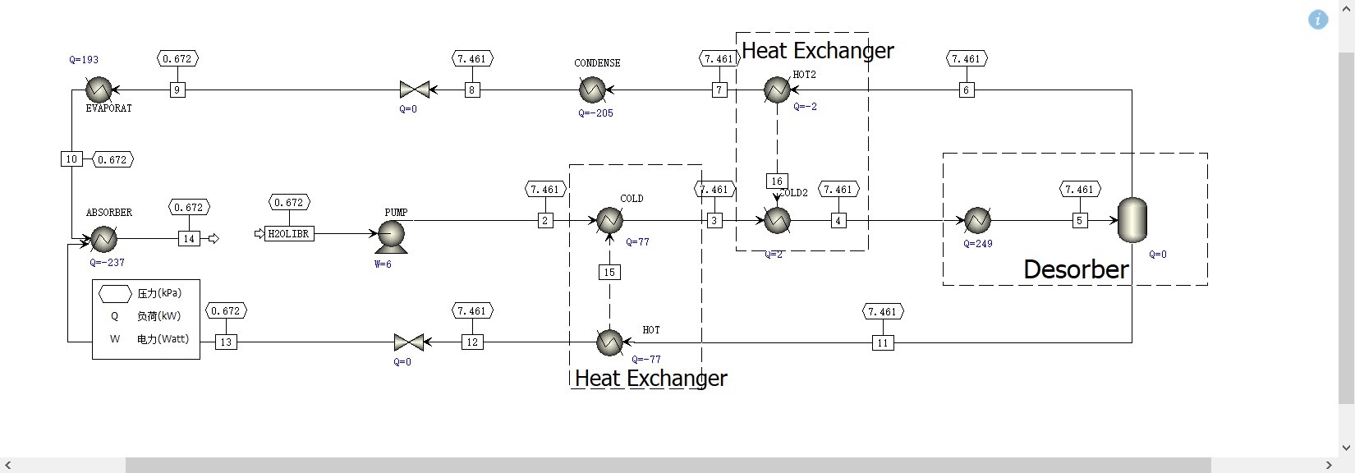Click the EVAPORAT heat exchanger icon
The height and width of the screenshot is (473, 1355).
(99, 89)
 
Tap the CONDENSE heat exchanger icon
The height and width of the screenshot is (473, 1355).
(592, 90)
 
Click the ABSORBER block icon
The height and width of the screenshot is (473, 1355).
(103, 239)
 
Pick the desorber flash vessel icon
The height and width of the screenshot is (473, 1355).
(1132, 220)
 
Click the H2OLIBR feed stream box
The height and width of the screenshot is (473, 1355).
(288, 234)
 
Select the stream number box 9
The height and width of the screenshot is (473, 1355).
(177, 90)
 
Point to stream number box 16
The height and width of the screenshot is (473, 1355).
(777, 181)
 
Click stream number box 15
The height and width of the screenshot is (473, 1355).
(609, 272)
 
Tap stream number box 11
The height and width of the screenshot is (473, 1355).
(883, 342)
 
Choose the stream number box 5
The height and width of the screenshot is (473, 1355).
(1079, 220)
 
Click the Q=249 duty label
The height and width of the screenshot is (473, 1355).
(977, 244)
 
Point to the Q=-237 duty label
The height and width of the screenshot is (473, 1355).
(107, 263)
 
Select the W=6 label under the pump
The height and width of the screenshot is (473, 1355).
(383, 264)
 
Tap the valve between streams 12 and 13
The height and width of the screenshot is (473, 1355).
(408, 342)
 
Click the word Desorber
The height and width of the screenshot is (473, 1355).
(1076, 269)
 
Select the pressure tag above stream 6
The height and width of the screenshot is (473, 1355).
(966, 59)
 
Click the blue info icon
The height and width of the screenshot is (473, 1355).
(1318, 20)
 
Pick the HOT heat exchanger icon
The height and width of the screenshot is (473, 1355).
(609, 342)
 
